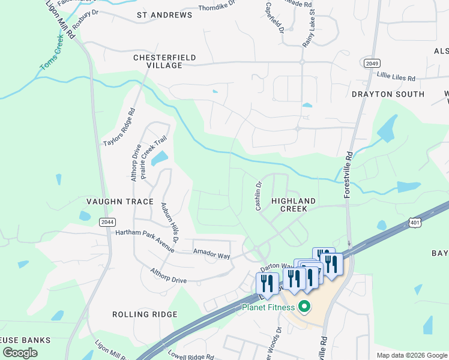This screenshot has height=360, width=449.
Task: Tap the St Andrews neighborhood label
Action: point(164,14)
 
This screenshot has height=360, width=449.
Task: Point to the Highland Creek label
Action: point(294,205)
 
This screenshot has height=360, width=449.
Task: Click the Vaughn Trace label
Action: point(119,202)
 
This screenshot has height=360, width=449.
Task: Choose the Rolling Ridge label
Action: point(145,314)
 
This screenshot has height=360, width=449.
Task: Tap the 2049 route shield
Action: point(372,63)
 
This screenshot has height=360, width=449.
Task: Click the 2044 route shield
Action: point(107,222)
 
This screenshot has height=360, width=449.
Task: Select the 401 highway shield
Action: point(415,223)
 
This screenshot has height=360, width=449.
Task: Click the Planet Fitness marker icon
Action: point(304,307)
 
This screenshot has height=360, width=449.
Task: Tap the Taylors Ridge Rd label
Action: point(119,127)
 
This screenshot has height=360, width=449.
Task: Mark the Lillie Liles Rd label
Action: point(396,78)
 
